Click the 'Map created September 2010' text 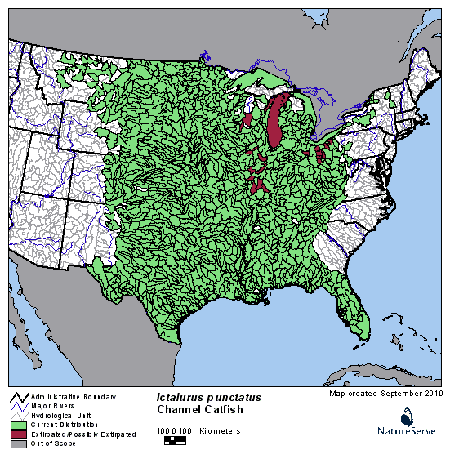[x=385, y=393]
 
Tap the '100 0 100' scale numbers [x=175, y=430]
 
